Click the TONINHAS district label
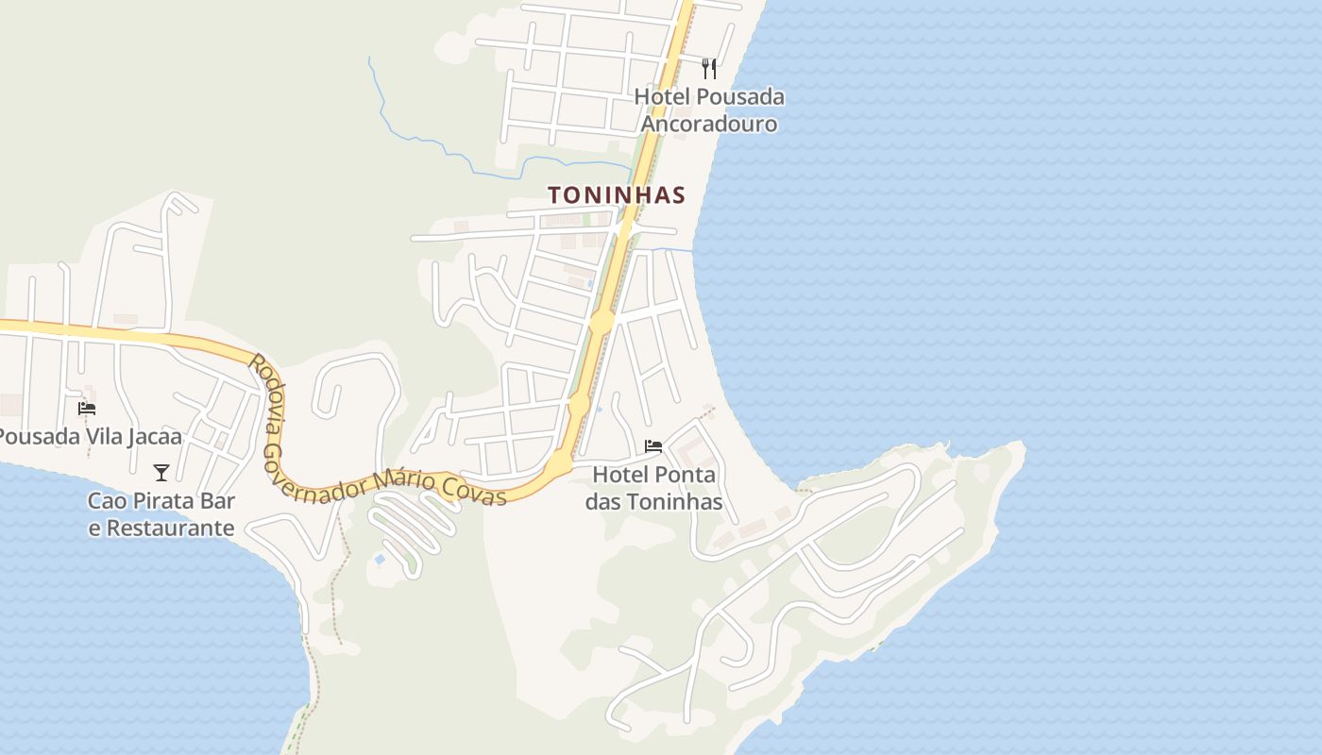616,195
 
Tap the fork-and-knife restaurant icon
709,69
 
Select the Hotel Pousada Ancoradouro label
709,109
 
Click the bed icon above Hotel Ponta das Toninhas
653,446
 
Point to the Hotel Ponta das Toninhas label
653,487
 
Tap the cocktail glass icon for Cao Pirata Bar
161,472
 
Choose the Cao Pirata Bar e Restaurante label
161,514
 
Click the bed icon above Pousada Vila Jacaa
87,409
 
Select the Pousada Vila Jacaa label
90,437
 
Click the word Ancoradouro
709,124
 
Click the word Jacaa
153,437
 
